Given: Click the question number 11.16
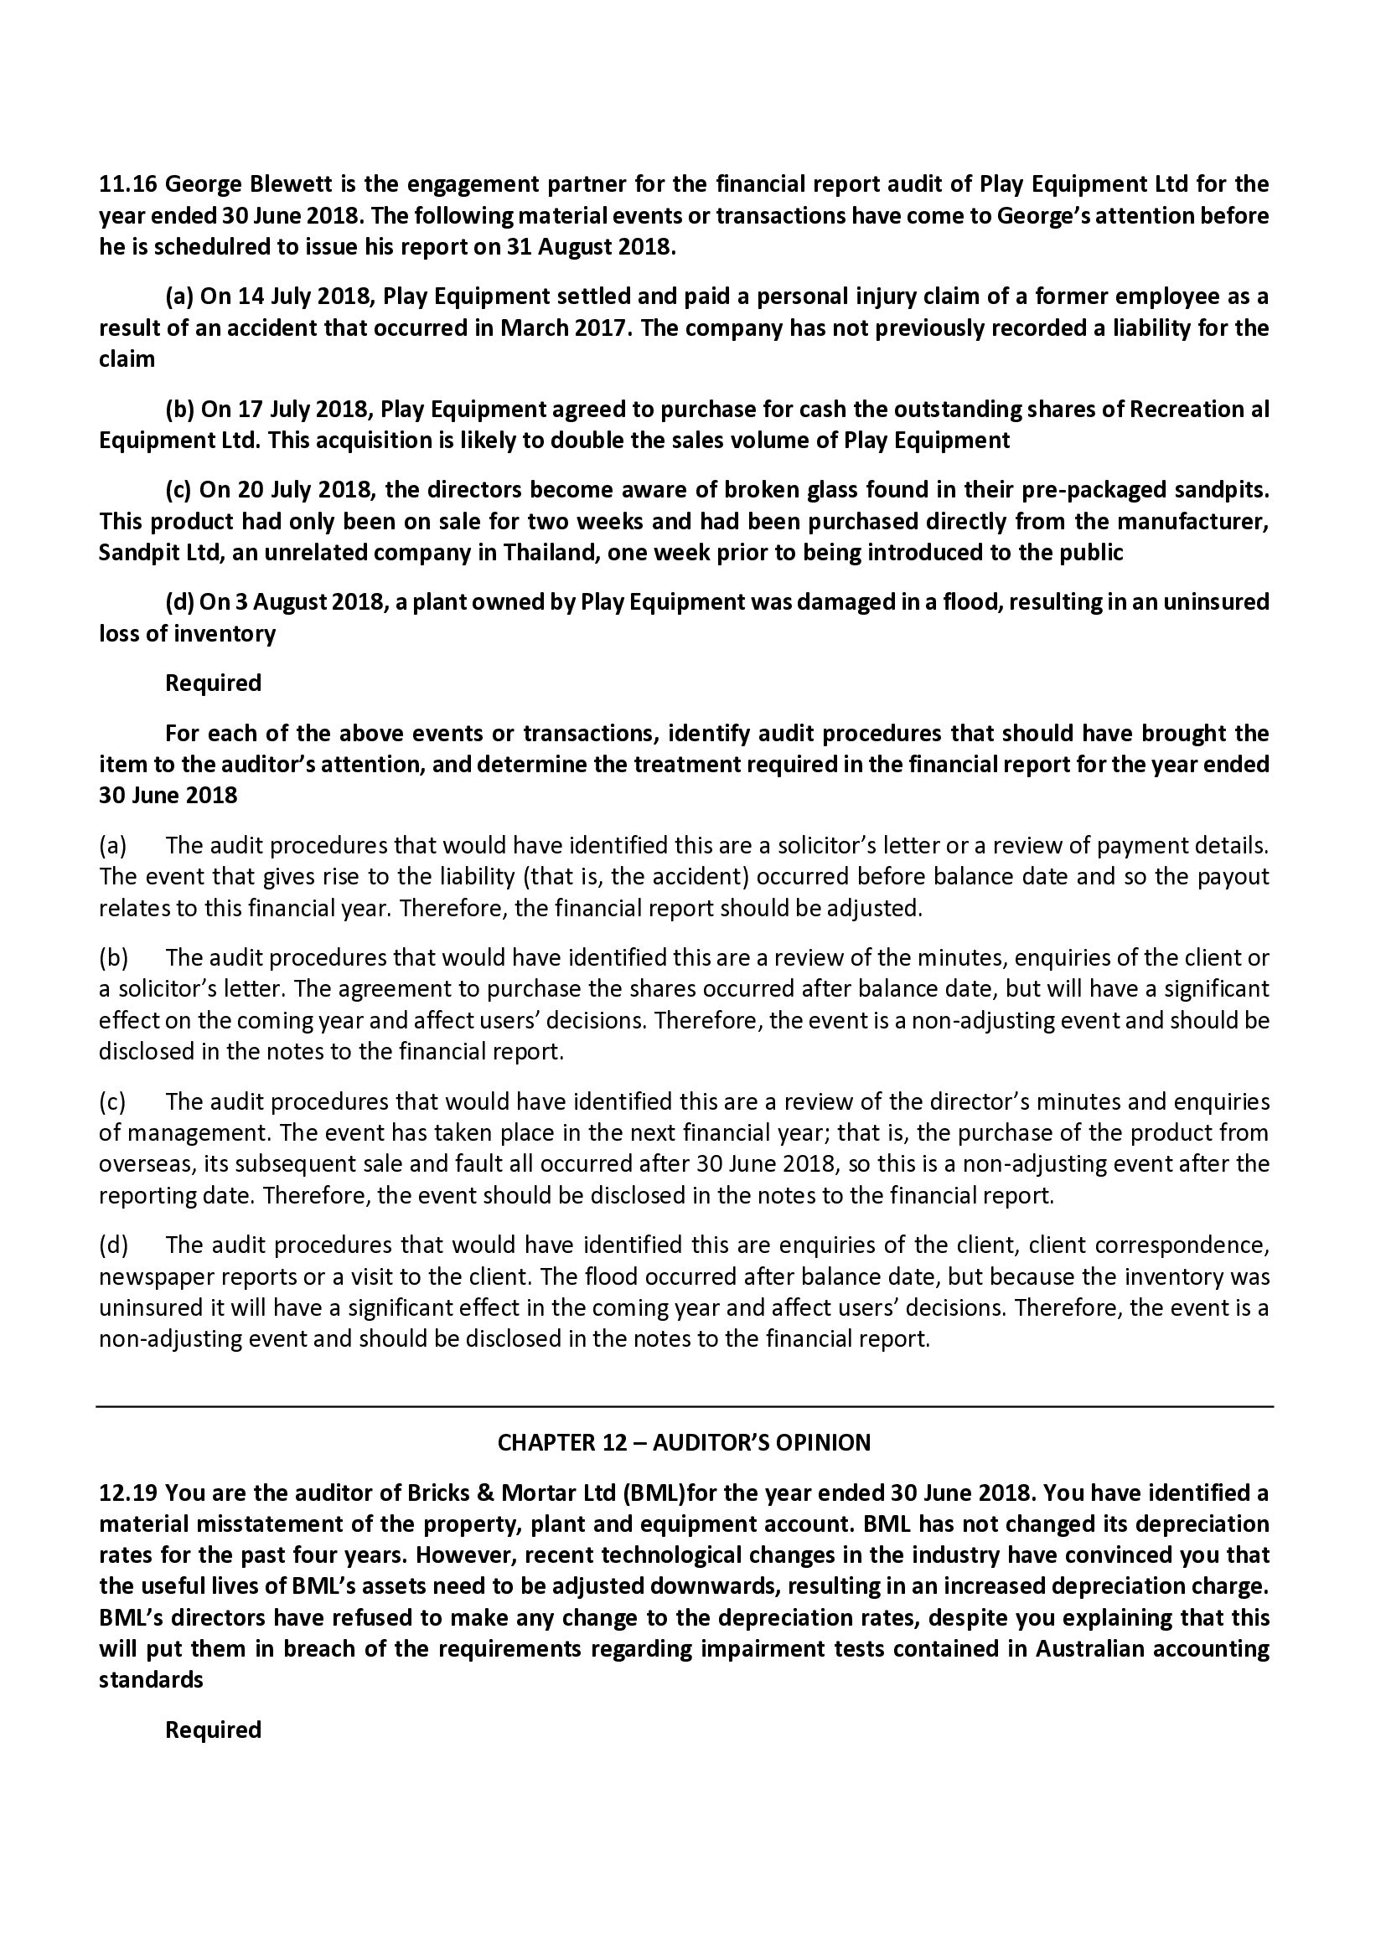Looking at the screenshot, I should (x=128, y=184).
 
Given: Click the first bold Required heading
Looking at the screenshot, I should (x=213, y=683).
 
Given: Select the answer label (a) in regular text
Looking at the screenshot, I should (x=112, y=846).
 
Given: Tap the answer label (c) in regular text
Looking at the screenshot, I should (x=112, y=1102).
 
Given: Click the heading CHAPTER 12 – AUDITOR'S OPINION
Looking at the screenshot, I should (x=684, y=1443).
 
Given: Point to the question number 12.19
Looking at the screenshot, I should (x=128, y=1494).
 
